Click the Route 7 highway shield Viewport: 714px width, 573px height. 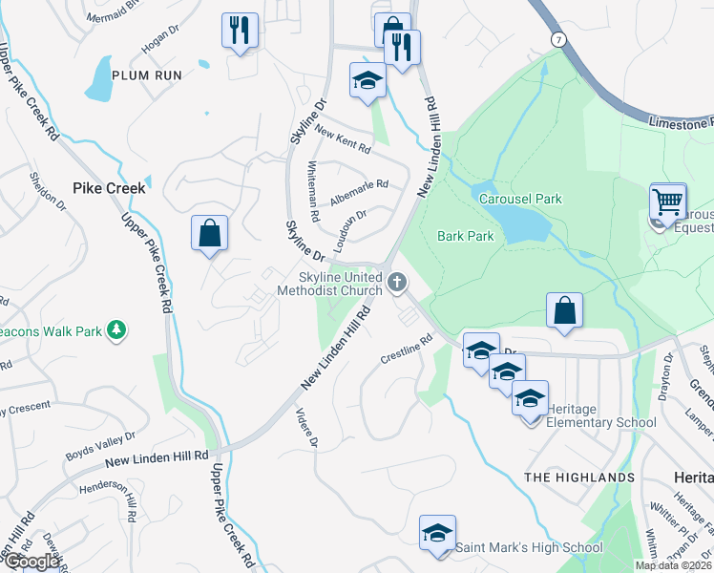point(556,37)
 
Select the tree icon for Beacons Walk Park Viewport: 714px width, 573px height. point(117,329)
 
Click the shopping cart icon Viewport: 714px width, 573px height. point(668,202)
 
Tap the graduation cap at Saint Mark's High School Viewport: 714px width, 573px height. point(437,533)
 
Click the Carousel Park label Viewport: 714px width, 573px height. point(521,199)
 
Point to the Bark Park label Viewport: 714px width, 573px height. point(465,236)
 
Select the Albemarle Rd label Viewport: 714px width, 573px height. point(359,192)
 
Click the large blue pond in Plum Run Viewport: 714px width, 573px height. point(99,79)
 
